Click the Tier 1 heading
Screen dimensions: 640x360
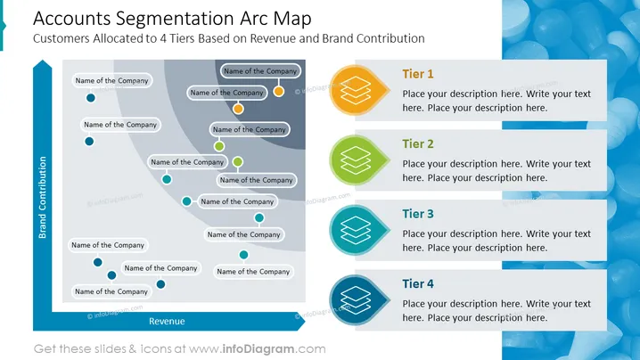417,74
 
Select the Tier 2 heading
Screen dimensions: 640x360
417,144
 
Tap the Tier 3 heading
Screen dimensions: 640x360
417,214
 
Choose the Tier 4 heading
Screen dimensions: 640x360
417,283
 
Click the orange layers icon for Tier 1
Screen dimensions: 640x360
357,90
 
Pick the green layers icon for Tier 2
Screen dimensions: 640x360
357,160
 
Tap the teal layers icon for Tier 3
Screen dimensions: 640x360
357,230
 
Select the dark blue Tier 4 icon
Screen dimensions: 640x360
357,300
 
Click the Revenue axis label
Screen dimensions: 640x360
167,321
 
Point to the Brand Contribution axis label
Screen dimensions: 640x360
43,198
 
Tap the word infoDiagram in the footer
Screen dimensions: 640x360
258,349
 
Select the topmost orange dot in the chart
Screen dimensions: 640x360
279,91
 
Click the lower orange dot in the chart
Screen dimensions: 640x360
238,109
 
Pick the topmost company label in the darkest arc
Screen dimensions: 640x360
260,71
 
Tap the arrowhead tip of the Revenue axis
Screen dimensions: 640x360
305,321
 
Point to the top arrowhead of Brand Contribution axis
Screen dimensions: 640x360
43,61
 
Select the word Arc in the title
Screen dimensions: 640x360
254,19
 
